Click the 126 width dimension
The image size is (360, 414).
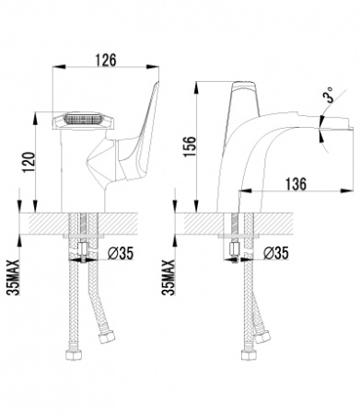click(x=105, y=60)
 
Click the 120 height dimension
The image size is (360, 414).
click(x=29, y=162)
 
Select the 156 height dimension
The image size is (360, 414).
click(x=190, y=146)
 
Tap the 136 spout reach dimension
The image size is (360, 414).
click(x=296, y=184)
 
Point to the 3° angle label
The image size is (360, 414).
click(x=329, y=95)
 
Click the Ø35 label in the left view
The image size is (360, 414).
click(x=121, y=253)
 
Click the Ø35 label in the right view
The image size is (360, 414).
click(x=276, y=253)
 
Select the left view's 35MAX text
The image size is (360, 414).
click(x=14, y=277)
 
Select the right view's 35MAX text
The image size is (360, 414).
click(x=168, y=277)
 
